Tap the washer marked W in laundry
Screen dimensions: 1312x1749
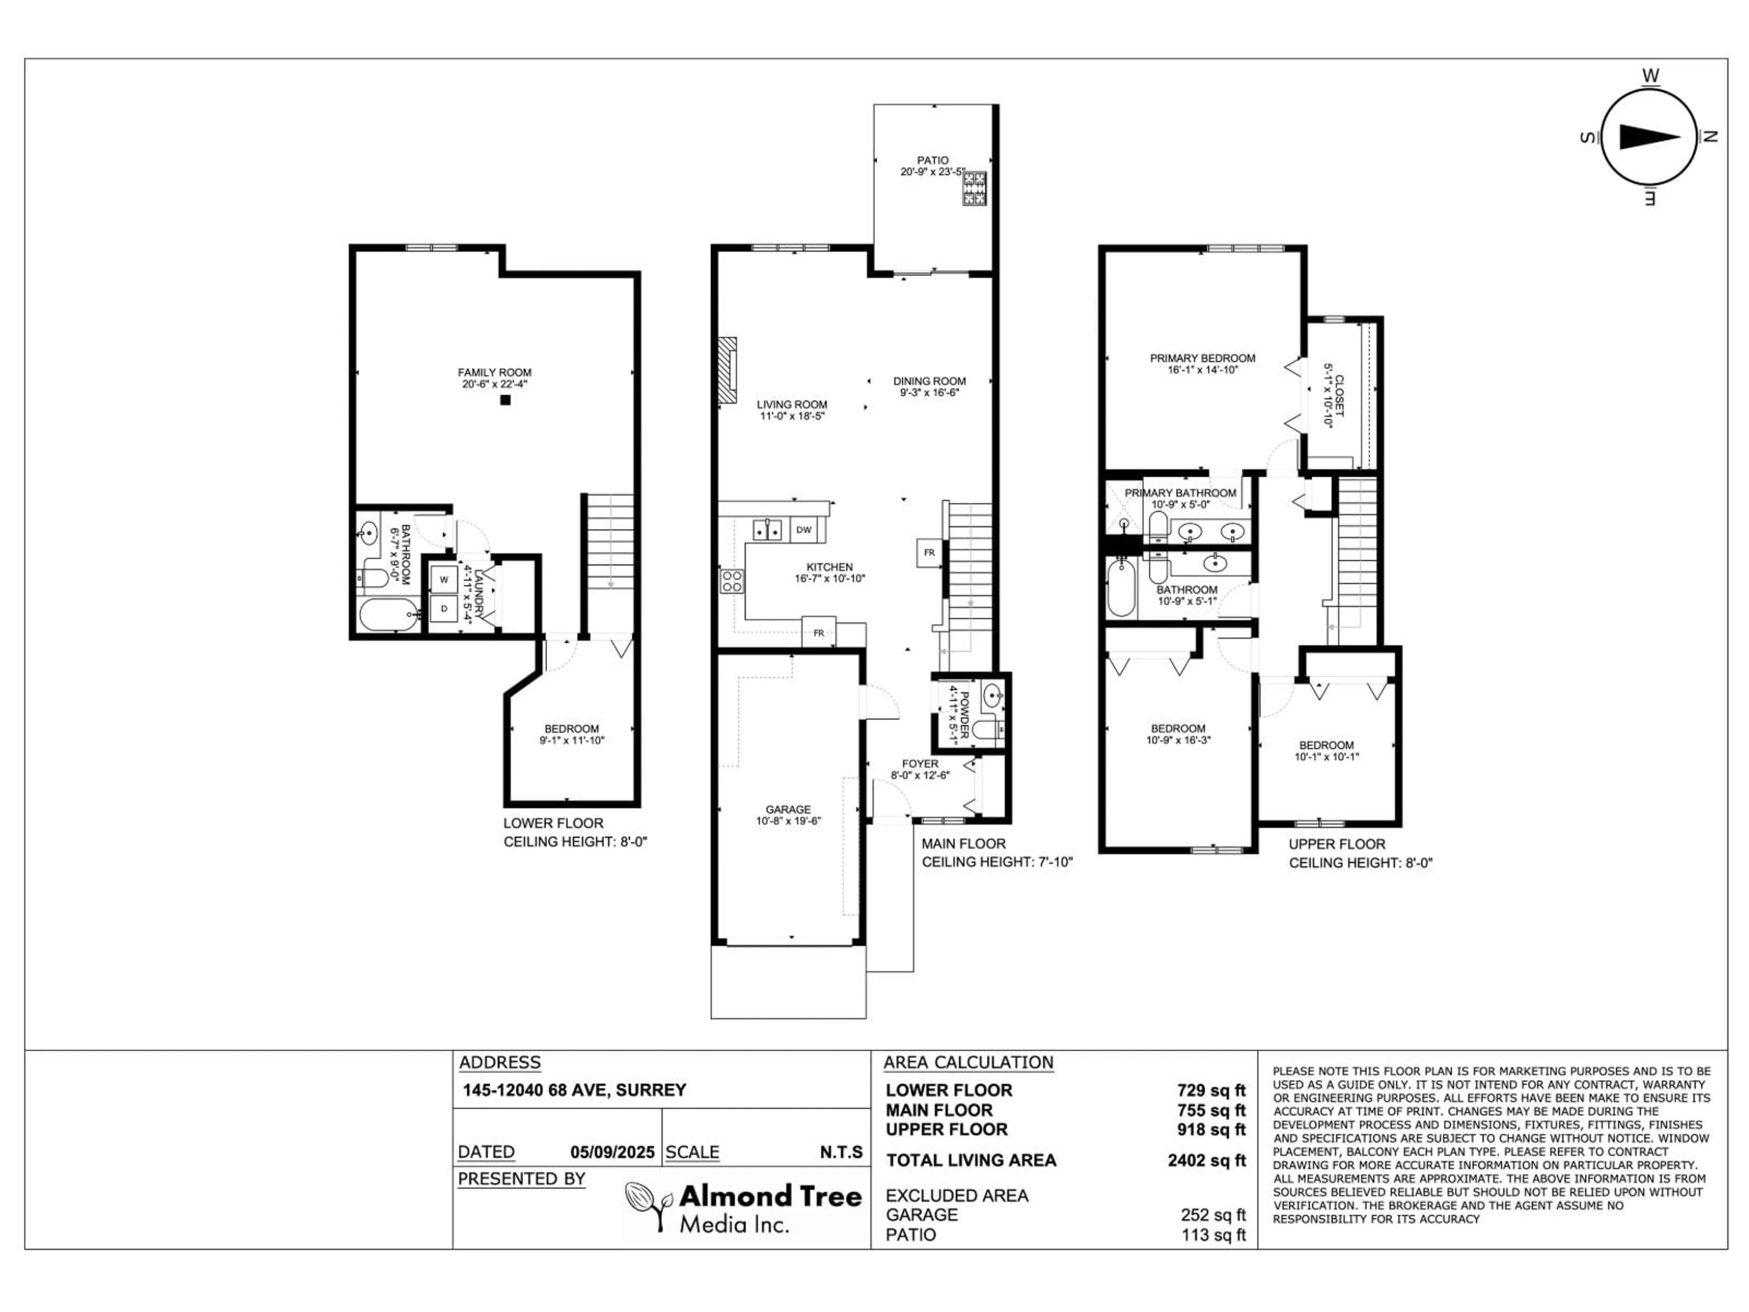coord(444,579)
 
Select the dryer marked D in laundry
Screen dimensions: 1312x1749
coord(444,608)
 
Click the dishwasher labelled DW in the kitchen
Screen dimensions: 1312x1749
coord(803,530)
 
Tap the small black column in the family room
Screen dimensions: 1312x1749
coord(505,400)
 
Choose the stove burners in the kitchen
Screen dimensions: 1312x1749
coord(731,581)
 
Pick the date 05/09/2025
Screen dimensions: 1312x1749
coord(612,1152)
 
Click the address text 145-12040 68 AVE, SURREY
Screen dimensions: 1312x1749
coord(574,1090)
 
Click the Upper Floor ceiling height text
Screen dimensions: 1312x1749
coord(1360,863)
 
